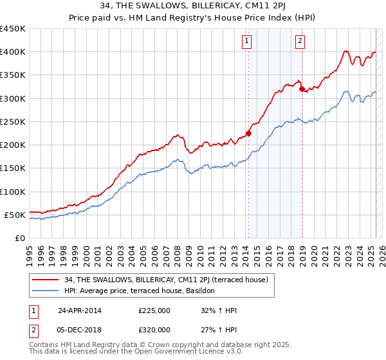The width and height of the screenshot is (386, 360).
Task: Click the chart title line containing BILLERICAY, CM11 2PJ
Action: pos(193,7)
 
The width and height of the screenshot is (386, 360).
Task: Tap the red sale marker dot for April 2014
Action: pos(248,133)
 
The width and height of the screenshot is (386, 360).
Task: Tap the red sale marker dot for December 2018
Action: pos(301,89)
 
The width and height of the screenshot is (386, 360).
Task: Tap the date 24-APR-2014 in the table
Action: pos(80,310)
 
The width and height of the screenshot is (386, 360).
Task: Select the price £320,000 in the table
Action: pos(154,329)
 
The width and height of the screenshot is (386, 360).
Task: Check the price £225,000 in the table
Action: pos(154,310)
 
